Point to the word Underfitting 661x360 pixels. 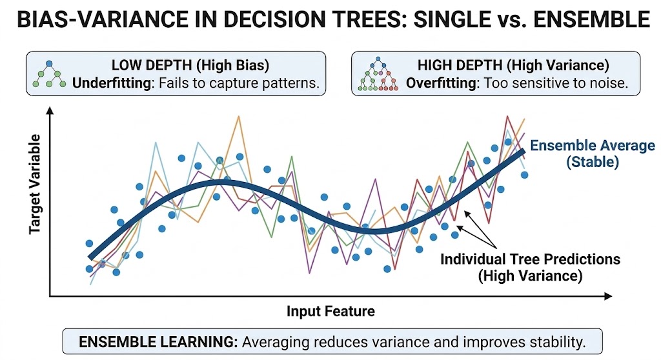tap(110, 84)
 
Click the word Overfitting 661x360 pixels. tap(437, 84)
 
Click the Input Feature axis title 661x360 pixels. tap(330, 312)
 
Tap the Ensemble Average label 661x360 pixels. tap(593, 146)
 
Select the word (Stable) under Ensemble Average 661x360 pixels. tap(593, 162)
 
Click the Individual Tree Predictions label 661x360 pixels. tap(530, 259)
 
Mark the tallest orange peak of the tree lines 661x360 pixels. tap(239, 117)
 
